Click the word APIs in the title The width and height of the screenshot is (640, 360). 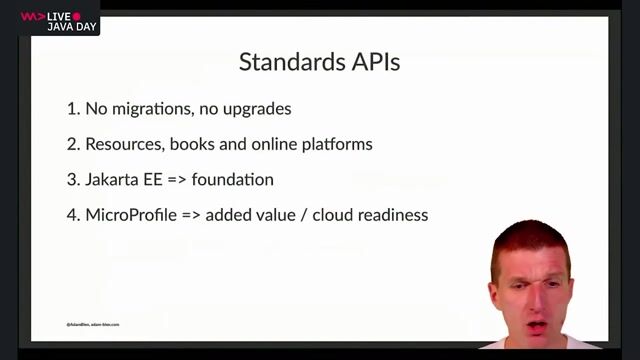pos(371,62)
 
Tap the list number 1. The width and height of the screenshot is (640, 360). pos(72,108)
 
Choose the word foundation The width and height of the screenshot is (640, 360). pos(239,180)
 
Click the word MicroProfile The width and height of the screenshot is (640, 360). pos(132,215)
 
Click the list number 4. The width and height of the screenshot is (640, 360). pos(72,215)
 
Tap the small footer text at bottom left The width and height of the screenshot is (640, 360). pos(93,324)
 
